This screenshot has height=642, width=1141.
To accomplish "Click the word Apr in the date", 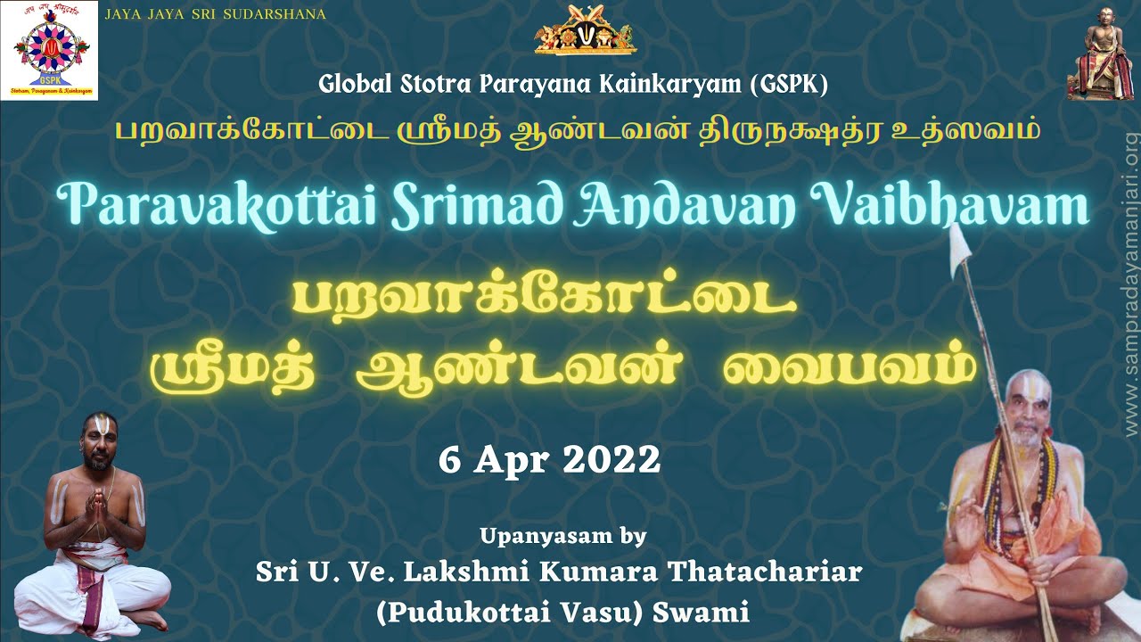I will tap(510, 460).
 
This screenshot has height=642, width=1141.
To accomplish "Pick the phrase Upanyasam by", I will tap(562, 536).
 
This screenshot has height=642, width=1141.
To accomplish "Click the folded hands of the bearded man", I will tap(95, 505).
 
